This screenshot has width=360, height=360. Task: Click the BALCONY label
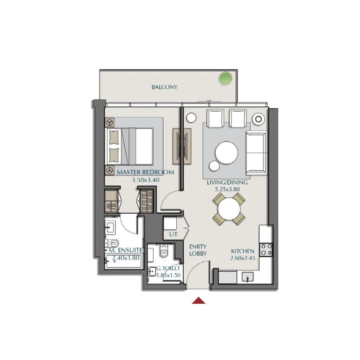coord(164,87)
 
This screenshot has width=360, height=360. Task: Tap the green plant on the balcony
coord(226,78)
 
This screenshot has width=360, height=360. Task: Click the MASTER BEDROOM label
coord(145,172)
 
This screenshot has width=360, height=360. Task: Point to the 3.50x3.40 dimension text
coord(145,179)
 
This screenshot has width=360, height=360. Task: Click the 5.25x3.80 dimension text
coord(228,190)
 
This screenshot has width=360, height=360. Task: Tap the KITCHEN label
coord(242,251)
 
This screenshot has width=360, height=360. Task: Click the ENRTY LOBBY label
coord(198,250)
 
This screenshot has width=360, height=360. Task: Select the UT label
coord(173,234)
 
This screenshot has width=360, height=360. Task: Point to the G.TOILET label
coord(168,268)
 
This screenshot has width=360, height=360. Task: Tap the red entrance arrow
coord(199,300)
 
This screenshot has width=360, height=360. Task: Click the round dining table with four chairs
coord(229,208)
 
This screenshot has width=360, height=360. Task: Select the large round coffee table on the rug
coord(226,152)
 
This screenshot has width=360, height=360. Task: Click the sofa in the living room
coord(255,152)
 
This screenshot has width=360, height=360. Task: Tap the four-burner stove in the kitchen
coord(266,249)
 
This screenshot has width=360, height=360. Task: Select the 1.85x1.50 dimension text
coord(168,275)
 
